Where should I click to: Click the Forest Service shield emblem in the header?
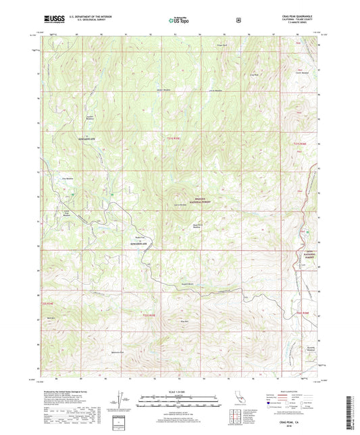(x=238, y=20)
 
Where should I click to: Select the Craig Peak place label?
(x=253, y=74)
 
